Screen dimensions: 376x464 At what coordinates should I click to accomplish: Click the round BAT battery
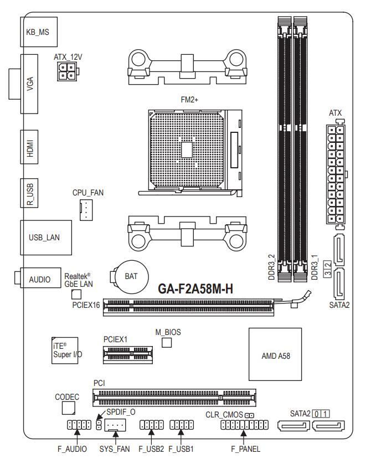pyautogui.click(x=131, y=277)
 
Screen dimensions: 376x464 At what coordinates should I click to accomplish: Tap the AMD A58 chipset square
pyautogui.click(x=275, y=354)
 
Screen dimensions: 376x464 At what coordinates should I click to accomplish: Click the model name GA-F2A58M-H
pyautogui.click(x=195, y=289)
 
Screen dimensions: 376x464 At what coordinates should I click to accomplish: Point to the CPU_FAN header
pyautogui.click(x=86, y=210)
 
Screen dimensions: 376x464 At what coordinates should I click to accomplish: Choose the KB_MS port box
pyautogui.click(x=39, y=32)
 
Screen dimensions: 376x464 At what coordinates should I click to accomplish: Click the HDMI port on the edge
pyautogui.click(x=29, y=147)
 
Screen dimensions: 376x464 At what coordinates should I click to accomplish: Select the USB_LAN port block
pyautogui.click(x=46, y=238)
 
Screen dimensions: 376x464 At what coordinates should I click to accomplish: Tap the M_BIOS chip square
pyautogui.click(x=167, y=343)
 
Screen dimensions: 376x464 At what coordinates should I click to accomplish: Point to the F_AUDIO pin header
pyautogui.click(x=79, y=425)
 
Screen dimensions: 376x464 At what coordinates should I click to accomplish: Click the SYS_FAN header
pyautogui.click(x=115, y=425)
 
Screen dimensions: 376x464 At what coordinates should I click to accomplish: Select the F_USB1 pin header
pyautogui.click(x=182, y=425)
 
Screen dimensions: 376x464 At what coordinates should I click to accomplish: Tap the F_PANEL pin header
pyautogui.click(x=245, y=425)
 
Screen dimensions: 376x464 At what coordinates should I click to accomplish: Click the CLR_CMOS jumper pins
pyautogui.click(x=249, y=415)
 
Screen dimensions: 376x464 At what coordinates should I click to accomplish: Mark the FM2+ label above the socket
pyautogui.click(x=189, y=100)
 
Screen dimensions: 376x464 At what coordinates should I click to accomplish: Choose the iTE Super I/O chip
pyautogui.click(x=65, y=350)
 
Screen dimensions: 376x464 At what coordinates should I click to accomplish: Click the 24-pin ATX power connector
pyautogui.click(x=336, y=174)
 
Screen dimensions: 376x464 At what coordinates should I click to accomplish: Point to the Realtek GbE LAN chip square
pyautogui.click(x=76, y=295)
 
